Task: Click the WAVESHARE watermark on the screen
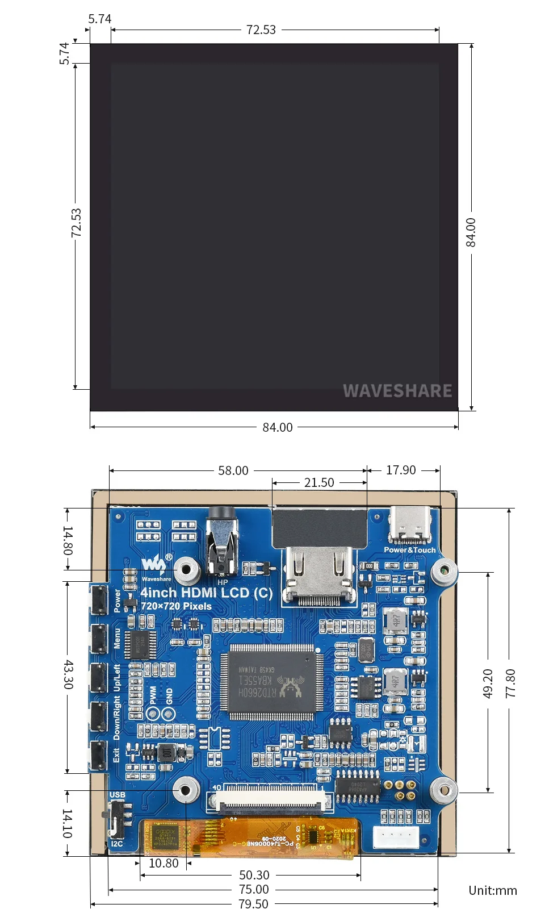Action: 397,391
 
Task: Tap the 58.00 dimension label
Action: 233,470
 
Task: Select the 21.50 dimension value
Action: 319,483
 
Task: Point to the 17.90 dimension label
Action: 401,470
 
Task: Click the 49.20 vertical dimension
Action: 488,683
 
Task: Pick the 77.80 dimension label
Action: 510,683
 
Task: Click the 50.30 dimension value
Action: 254,875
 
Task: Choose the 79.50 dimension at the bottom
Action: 253,904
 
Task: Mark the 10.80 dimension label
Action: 163,864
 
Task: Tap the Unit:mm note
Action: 493,890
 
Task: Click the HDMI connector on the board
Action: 320,574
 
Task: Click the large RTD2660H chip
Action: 271,682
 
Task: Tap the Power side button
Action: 98,599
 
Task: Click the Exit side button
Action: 98,756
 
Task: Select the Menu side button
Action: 98,638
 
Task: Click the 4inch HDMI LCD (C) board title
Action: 207,593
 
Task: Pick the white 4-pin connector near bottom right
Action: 396,836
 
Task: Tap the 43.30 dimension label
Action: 68,674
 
